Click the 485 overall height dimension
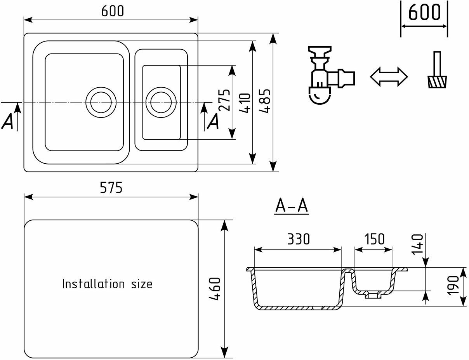pyautogui.click(x=265, y=102)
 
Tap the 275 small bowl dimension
pyautogui.click(x=224, y=100)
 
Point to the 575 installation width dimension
pyautogui.click(x=111, y=188)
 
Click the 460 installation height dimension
pyautogui.click(x=215, y=289)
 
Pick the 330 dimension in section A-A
pyautogui.click(x=299, y=239)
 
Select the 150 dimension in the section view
pyautogui.click(x=374, y=239)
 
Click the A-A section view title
pyautogui.click(x=292, y=206)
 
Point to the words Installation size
pyautogui.click(x=108, y=284)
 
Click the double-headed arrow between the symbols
pyautogui.click(x=389, y=76)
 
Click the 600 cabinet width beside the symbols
pyautogui.click(x=424, y=13)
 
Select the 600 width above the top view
pyautogui.click(x=113, y=11)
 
